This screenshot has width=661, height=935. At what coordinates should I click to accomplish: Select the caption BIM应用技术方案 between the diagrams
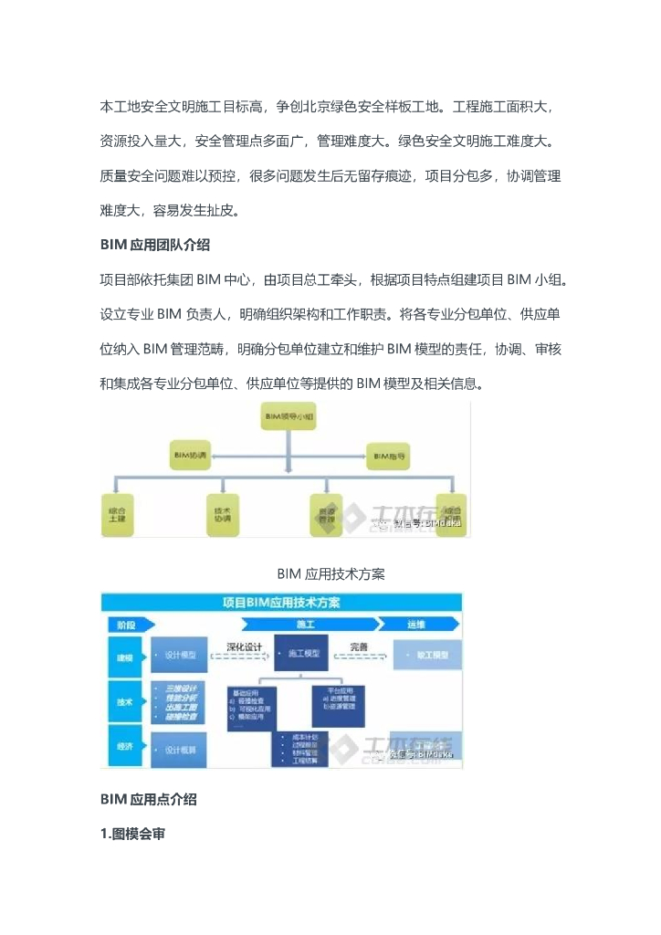click(330, 573)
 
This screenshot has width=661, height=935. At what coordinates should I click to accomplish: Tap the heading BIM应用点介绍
click(148, 799)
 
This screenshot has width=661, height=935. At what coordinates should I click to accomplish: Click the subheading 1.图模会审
click(132, 833)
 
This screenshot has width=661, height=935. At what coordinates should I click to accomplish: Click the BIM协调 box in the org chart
click(190, 454)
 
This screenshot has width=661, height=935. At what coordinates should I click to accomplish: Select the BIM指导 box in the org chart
click(390, 454)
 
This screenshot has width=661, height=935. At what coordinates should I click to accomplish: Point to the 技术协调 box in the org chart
click(224, 514)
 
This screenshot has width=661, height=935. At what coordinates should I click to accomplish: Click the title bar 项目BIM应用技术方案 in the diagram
click(281, 603)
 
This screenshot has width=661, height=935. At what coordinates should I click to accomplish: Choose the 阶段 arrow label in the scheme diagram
click(128, 625)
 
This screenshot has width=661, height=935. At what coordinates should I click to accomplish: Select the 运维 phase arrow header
click(416, 625)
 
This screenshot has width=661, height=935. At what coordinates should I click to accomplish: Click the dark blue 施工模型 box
click(302, 654)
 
